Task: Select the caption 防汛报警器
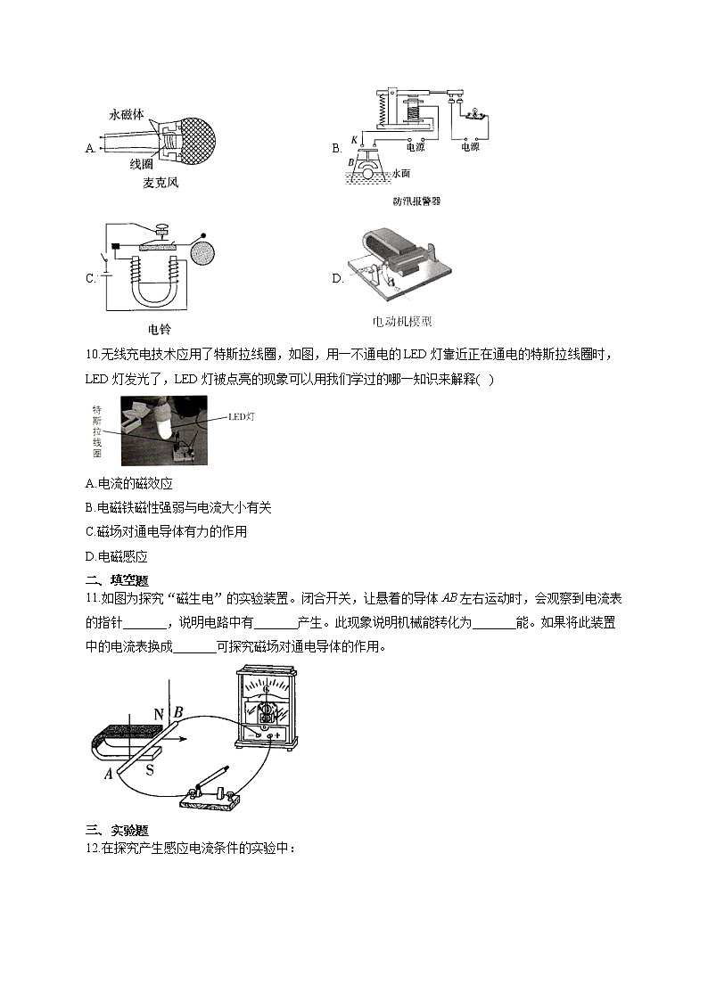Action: [416, 201]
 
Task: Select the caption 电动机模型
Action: [402, 322]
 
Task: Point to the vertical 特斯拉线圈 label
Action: [97, 431]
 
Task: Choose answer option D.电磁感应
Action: [116, 556]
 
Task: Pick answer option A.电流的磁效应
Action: [128, 483]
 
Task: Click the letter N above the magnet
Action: [159, 714]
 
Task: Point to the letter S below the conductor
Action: [150, 770]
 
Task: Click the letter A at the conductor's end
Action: [108, 774]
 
